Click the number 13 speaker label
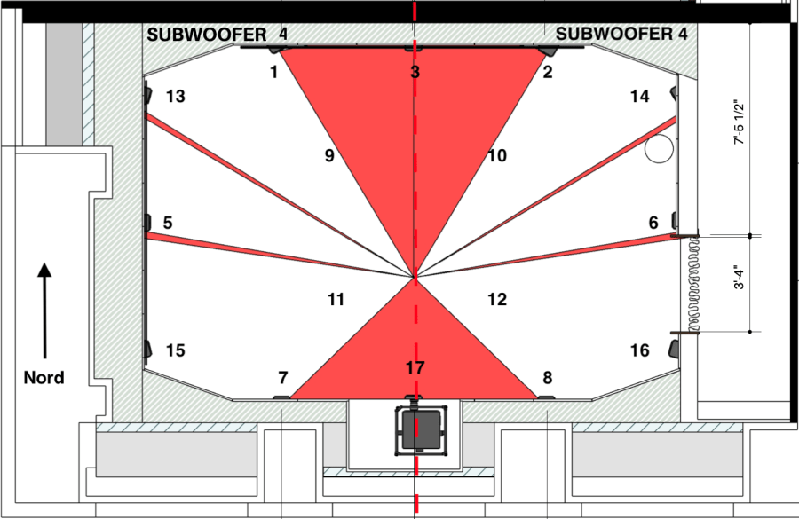tap(175, 97)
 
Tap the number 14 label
tap(639, 97)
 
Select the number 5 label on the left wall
tap(168, 223)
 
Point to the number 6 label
tap(653, 223)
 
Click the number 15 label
tap(175, 350)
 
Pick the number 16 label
tap(639, 350)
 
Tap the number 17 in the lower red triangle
tap(415, 367)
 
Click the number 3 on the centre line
tap(415, 72)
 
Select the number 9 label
tap(328, 156)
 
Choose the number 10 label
tap(496, 156)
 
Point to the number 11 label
tap(336, 300)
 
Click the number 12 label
tap(496, 300)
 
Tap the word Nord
tap(44, 378)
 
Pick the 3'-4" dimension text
tap(738, 284)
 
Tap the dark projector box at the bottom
tap(417, 429)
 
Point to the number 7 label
tap(283, 379)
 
